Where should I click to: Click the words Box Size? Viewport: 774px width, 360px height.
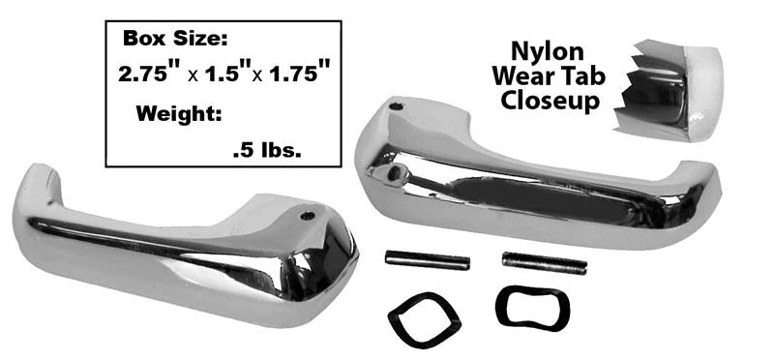(x=175, y=38)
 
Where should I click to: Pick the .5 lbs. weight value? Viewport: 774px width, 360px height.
(x=267, y=151)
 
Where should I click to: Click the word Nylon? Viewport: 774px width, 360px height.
(x=547, y=52)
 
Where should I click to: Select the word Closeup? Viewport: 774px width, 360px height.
(x=550, y=101)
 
